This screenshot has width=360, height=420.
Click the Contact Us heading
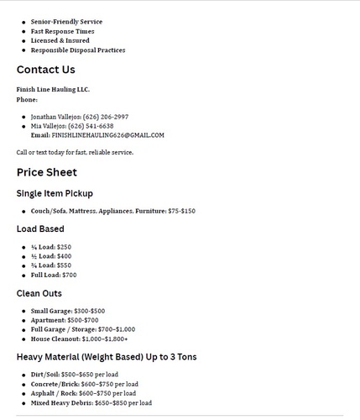[x=45, y=70]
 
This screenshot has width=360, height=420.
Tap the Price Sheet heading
[x=46, y=172]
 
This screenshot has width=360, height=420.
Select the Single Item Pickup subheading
[x=55, y=193]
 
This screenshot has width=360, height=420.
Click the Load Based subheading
[x=40, y=228]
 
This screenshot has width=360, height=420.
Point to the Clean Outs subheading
[x=40, y=293]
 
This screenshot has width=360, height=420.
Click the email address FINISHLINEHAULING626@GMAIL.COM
[x=108, y=134]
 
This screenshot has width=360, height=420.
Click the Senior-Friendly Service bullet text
[x=66, y=22]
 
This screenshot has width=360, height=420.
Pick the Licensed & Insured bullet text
[x=60, y=40]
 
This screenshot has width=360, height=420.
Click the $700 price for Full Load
[x=69, y=275]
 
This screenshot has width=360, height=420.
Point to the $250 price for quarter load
[x=63, y=247]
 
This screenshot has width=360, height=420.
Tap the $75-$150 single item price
[x=181, y=211]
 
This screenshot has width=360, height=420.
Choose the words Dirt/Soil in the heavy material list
[x=44, y=375]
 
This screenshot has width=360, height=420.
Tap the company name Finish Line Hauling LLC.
[x=53, y=89]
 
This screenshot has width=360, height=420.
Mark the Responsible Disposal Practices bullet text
[x=78, y=50]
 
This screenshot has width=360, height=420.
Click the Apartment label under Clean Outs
[x=47, y=320]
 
